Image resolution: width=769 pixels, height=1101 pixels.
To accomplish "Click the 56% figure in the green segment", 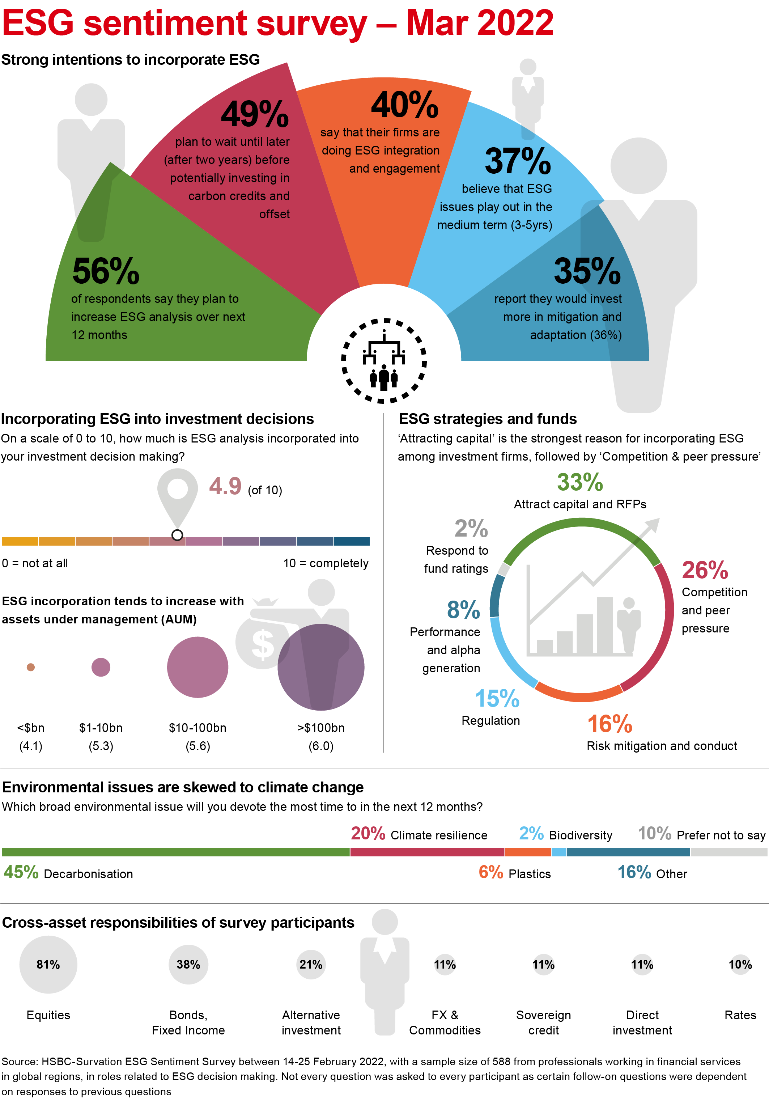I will click(x=106, y=271).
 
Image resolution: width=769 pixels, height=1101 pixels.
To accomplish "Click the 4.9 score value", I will click(x=225, y=486).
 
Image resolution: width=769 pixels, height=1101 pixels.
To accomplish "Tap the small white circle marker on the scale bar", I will click(x=177, y=535).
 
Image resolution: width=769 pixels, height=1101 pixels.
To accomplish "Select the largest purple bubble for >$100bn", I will click(x=321, y=667).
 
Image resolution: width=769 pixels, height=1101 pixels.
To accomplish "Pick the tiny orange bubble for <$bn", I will click(x=31, y=667).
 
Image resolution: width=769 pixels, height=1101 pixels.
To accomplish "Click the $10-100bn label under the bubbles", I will click(x=197, y=728).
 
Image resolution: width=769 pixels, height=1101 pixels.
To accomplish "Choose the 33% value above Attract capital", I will click(x=579, y=482).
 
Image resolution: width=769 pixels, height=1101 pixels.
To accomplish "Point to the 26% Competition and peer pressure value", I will click(x=705, y=571).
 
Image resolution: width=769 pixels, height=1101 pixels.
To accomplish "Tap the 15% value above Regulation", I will click(x=497, y=699).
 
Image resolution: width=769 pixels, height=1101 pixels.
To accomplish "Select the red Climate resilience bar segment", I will click(x=427, y=852).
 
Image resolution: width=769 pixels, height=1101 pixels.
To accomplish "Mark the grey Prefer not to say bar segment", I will click(x=729, y=852).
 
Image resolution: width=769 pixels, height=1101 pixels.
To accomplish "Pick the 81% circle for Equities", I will click(x=48, y=964).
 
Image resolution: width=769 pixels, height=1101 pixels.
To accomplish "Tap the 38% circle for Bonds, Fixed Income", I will click(x=188, y=964).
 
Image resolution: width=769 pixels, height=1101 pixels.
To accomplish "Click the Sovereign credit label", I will click(x=543, y=1022).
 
